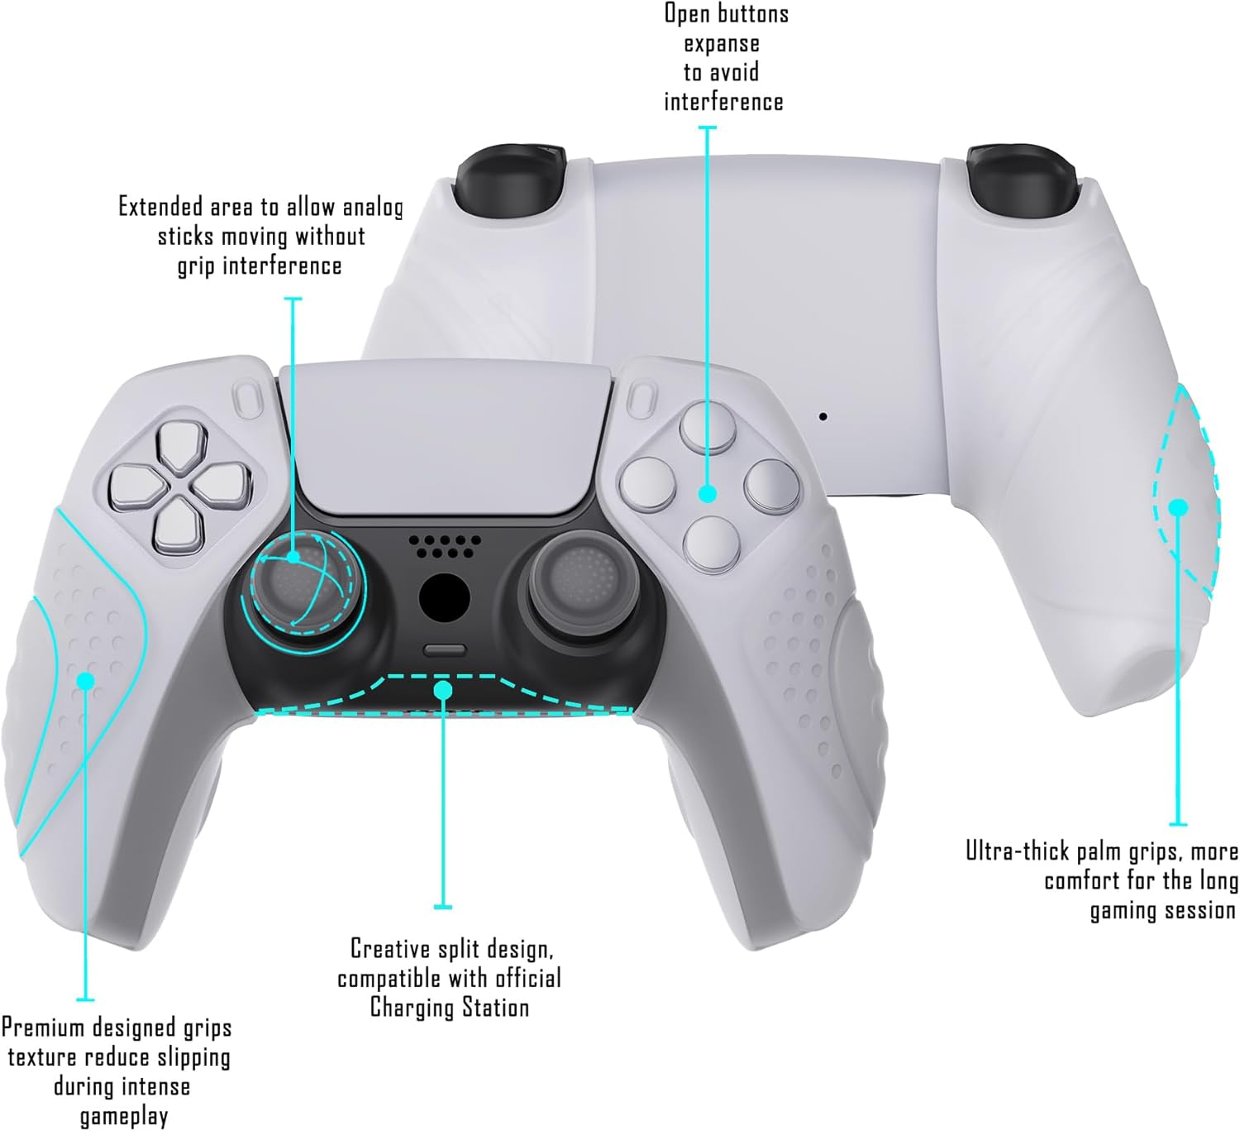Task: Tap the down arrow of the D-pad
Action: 179,525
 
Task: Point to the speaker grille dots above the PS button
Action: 444,544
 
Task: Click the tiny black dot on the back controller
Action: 823,416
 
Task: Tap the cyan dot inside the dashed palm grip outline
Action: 1178,507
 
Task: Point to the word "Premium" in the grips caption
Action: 43,1028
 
